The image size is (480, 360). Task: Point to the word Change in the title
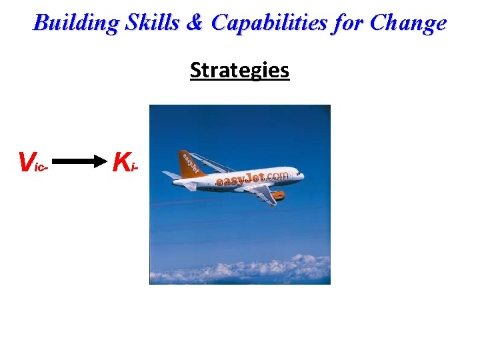tap(408, 23)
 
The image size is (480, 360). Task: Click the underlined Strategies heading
tap(239, 70)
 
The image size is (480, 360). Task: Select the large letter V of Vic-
tap(27, 161)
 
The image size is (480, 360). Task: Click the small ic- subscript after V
tap(42, 167)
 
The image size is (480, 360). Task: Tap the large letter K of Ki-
tap(121, 161)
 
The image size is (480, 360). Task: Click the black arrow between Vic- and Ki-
tap(79, 161)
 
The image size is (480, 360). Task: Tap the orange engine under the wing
tap(276, 195)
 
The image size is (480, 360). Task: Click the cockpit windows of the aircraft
tap(297, 172)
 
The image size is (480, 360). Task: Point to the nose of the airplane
tap(303, 177)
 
